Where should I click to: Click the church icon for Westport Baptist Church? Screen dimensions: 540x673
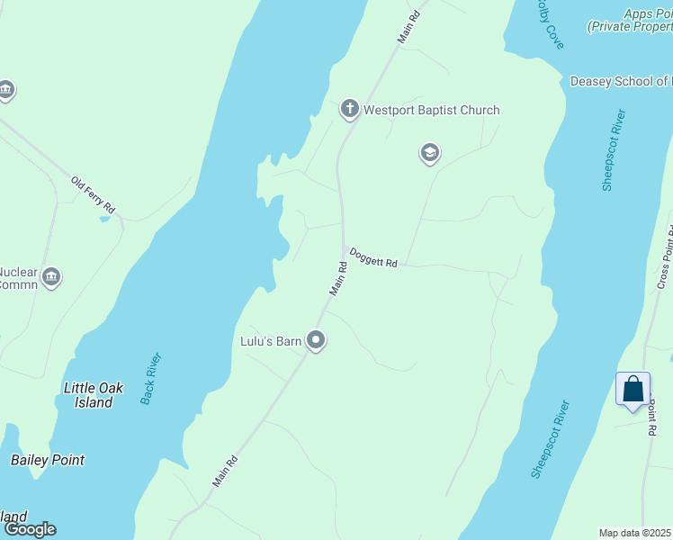tap(349, 110)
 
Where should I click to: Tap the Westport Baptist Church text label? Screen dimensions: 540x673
tap(431, 111)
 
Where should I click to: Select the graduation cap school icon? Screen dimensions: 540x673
tap(429, 154)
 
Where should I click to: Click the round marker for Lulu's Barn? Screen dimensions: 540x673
tap(315, 340)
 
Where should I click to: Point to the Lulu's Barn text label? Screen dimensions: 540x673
tap(270, 341)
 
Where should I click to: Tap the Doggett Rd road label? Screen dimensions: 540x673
tap(373, 257)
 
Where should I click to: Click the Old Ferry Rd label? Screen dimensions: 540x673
tap(94, 195)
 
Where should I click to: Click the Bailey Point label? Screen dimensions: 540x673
tap(48, 460)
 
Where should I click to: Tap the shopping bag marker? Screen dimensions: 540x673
tap(633, 389)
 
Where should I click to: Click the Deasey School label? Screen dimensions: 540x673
tap(621, 82)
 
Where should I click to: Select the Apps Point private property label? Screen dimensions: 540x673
tap(631, 22)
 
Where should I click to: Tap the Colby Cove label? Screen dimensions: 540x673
tap(550, 24)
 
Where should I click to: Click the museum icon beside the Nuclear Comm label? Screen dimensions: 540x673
tap(51, 277)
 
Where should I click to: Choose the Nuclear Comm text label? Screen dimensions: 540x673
tap(18, 278)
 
